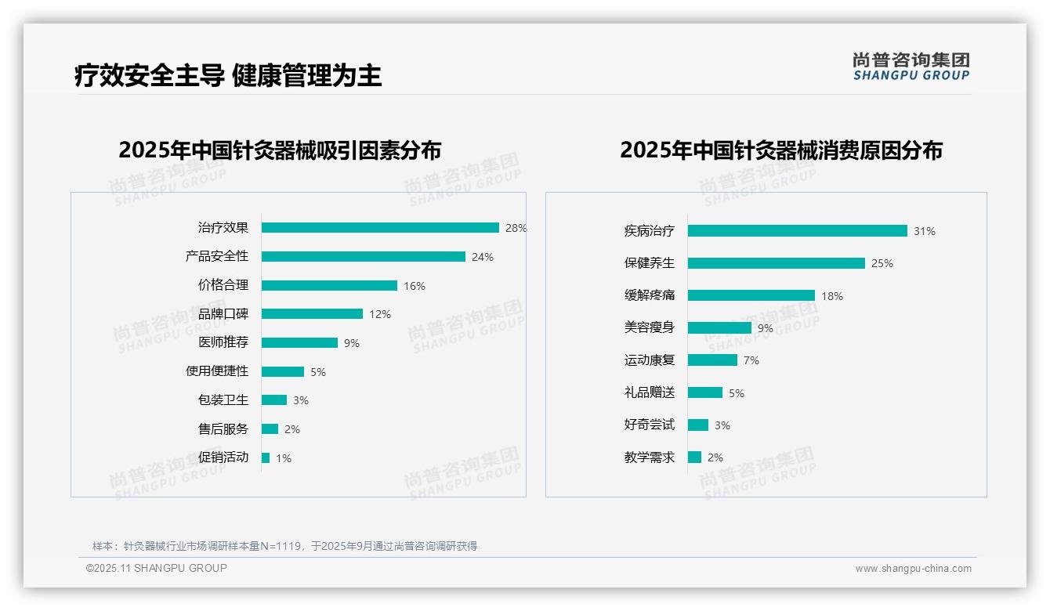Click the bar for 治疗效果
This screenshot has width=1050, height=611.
pyautogui.click(x=380, y=228)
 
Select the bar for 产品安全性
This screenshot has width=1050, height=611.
pyautogui.click(x=363, y=257)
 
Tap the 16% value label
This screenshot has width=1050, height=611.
pyautogui.click(x=415, y=286)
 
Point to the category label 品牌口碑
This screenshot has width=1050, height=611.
pyautogui.click(x=223, y=314)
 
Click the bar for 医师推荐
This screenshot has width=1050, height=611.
pyautogui.click(x=299, y=343)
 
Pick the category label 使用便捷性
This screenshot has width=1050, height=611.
pyautogui.click(x=217, y=371)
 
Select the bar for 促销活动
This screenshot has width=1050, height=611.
pyautogui.click(x=266, y=457)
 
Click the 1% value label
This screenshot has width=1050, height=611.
pyautogui.click(x=283, y=458)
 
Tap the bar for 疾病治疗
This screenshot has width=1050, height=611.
pyautogui.click(x=797, y=231)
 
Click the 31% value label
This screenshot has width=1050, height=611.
pyautogui.click(x=925, y=231)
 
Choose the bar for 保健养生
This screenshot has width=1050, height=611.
pyautogui.click(x=776, y=263)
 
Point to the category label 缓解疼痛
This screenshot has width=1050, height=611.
pyautogui.click(x=650, y=295)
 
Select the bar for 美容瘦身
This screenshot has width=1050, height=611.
pyautogui.click(x=719, y=328)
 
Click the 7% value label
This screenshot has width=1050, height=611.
pyautogui.click(x=751, y=360)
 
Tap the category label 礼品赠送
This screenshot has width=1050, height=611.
pyautogui.click(x=650, y=392)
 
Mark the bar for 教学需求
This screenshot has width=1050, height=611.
pyautogui.click(x=694, y=457)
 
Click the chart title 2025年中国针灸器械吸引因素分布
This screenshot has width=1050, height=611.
pyautogui.click(x=280, y=150)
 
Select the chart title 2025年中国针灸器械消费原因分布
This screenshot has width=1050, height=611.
pyautogui.click(x=781, y=150)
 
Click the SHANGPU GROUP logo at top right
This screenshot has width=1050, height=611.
pyautogui.click(x=911, y=67)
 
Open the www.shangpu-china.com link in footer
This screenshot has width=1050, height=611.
pyautogui.click(x=913, y=569)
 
